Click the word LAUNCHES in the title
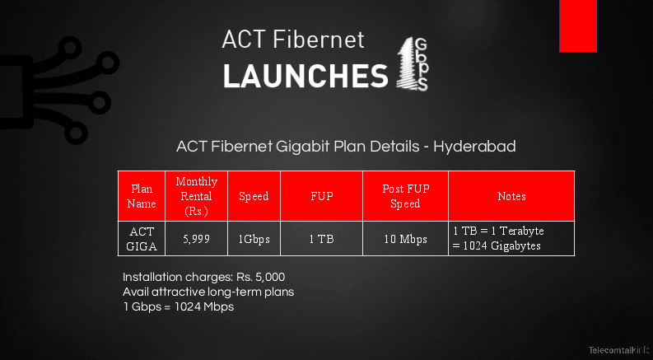(306, 77)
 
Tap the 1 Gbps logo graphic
(412, 63)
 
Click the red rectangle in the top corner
(577, 26)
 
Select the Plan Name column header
(142, 196)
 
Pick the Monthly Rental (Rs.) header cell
(197, 196)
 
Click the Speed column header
(254, 196)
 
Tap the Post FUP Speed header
(406, 196)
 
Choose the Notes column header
(511, 196)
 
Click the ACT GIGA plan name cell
(142, 239)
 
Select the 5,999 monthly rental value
(197, 239)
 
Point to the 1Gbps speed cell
(254, 239)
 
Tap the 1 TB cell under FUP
(321, 239)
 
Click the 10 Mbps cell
(406, 239)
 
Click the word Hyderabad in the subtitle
(474, 147)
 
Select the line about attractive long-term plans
(208, 292)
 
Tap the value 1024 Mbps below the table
(204, 307)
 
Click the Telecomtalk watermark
(619, 350)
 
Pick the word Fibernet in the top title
(319, 40)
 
